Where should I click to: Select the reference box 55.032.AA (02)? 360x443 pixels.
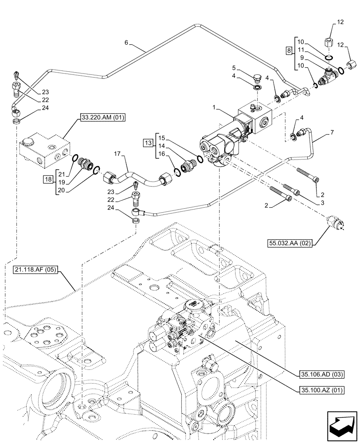[288, 242]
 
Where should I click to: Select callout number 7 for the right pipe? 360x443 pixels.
[332, 132]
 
